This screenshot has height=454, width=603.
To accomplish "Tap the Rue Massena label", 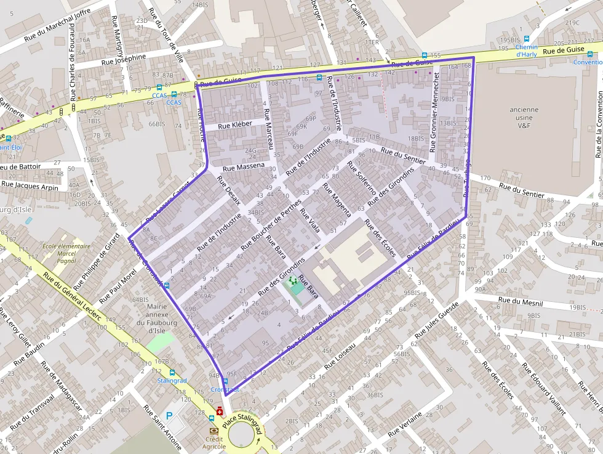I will [243, 166].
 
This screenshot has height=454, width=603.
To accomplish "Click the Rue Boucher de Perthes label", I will [271, 224].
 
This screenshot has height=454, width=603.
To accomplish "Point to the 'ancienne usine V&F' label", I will [524, 118].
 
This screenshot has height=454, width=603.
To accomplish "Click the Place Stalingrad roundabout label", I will [242, 420].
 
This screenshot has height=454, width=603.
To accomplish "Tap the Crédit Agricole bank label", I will [214, 443].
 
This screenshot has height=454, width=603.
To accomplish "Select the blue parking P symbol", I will [169, 416].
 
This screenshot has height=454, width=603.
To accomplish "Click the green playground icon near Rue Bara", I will [294, 281].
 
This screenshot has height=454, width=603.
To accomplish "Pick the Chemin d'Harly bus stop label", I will [526, 51].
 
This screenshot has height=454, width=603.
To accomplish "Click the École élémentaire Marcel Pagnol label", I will [66, 253].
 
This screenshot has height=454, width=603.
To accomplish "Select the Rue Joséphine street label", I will [124, 59].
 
